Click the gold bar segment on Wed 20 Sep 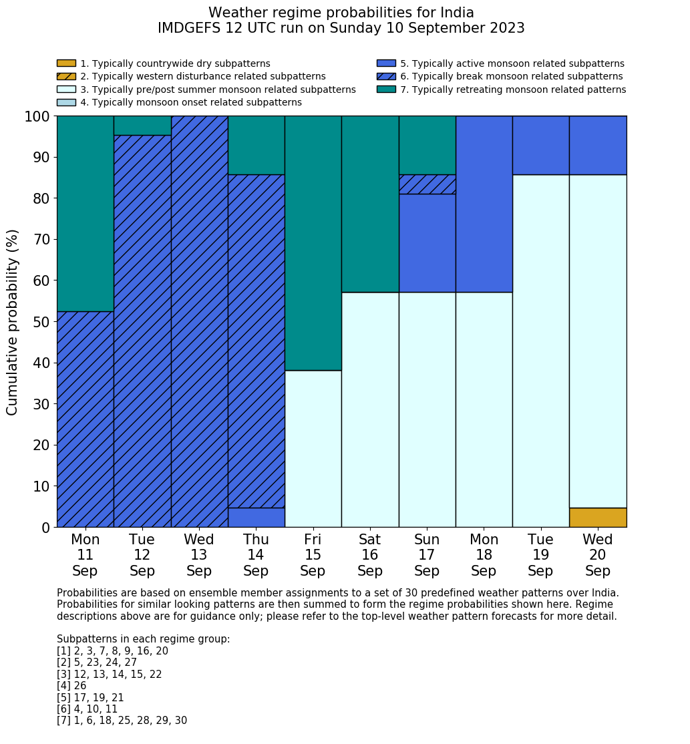(598, 518)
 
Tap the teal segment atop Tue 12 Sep (142, 126)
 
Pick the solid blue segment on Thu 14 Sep (256, 518)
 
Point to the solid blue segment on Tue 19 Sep (540, 145)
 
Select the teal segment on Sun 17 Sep (427, 145)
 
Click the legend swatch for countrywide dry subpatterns (66, 63)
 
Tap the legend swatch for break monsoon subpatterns (386, 77)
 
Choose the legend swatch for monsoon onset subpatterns (66, 102)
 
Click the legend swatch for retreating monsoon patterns (386, 89)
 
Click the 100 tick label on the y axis (37, 116)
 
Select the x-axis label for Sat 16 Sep (369, 555)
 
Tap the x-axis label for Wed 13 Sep (199, 555)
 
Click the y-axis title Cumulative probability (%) (13, 322)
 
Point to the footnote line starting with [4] (71, 686)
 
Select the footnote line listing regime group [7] (122, 721)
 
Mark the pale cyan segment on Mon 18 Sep (484, 409)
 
